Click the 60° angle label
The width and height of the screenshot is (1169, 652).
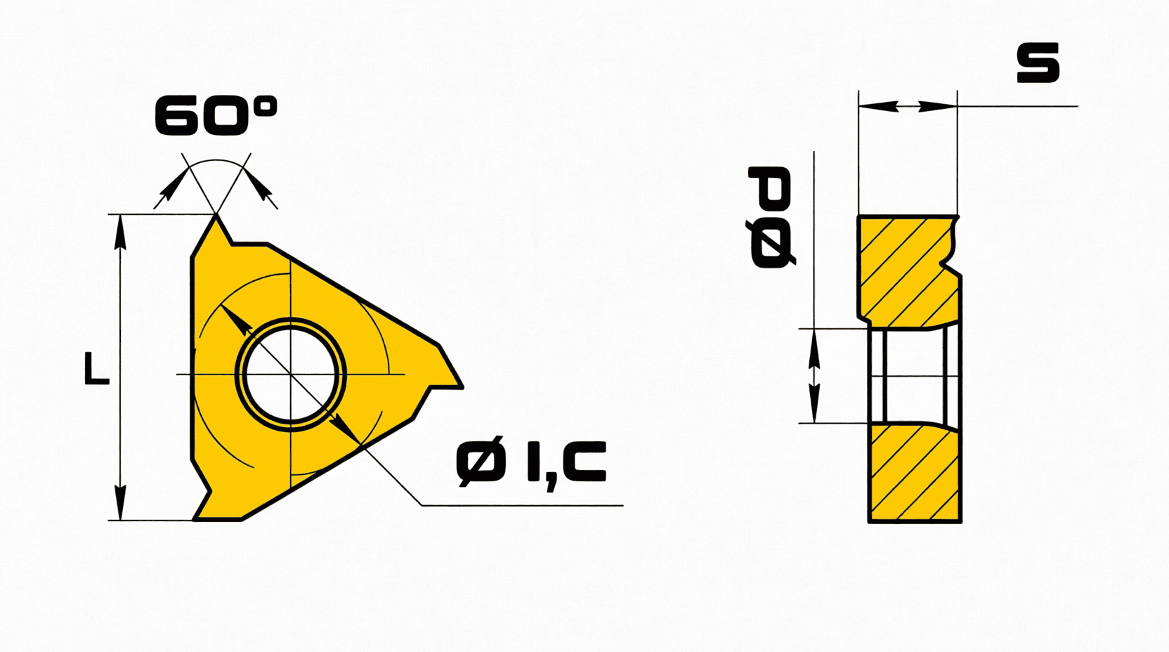pyautogui.click(x=216, y=115)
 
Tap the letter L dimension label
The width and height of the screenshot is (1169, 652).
pyautogui.click(x=96, y=369)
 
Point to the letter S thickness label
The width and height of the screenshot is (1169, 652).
pyautogui.click(x=1038, y=63)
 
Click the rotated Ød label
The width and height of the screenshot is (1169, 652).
pyautogui.click(x=771, y=217)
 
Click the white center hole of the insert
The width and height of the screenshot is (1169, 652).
pyautogui.click(x=291, y=374)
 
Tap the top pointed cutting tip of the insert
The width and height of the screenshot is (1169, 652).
pyautogui.click(x=216, y=216)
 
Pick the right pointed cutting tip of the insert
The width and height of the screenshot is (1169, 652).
pyautogui.click(x=462, y=387)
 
